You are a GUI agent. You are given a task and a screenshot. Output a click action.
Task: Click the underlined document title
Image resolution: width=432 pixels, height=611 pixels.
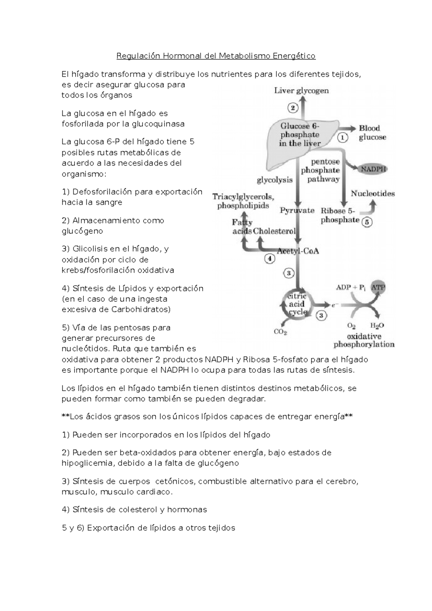[x=216, y=56]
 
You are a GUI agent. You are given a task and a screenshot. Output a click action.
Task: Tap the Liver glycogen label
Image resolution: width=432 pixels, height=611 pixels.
[x=301, y=91]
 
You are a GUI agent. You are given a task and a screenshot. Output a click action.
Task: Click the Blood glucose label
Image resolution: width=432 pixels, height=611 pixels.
[x=372, y=132]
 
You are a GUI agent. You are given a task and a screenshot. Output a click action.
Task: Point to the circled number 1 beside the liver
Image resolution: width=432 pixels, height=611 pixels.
[x=342, y=137]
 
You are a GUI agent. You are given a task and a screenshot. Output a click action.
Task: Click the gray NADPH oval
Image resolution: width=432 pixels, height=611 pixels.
[x=373, y=169]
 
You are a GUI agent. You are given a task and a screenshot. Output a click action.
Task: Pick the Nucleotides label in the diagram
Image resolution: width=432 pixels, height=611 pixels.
[x=373, y=194]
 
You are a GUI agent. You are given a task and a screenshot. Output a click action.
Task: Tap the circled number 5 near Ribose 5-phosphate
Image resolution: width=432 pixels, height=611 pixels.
[x=366, y=222]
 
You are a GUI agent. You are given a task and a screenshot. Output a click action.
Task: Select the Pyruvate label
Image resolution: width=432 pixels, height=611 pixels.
[x=297, y=211]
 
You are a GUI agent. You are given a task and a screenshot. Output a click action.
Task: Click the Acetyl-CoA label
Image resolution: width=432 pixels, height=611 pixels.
[x=298, y=251]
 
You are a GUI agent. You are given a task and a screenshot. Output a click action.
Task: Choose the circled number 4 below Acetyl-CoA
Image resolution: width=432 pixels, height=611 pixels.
[x=270, y=258]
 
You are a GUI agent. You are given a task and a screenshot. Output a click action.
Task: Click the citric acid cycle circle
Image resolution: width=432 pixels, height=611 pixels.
[x=297, y=304]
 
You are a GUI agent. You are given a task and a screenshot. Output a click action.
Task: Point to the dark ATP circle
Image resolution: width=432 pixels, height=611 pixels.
[x=378, y=288]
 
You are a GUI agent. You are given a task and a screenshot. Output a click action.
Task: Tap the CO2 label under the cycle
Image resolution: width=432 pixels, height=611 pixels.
[x=280, y=332]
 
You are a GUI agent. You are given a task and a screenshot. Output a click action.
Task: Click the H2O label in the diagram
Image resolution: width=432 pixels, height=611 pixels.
[x=377, y=326]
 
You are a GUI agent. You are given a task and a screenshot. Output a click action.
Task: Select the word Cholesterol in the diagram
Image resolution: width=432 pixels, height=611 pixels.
[x=274, y=231]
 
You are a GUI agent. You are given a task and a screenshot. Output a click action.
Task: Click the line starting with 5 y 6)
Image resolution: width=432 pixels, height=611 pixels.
[x=148, y=528]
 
